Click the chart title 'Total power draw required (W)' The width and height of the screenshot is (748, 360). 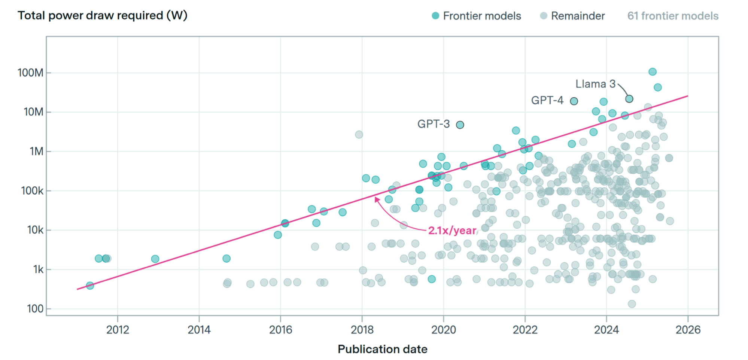(x=102, y=16)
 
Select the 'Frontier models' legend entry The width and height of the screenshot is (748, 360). (x=476, y=16)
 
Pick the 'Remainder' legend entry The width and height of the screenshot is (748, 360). (x=572, y=16)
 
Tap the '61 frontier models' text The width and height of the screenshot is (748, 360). (x=673, y=16)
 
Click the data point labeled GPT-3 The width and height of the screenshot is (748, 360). (x=460, y=125)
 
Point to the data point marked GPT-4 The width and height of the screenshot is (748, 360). (x=574, y=101)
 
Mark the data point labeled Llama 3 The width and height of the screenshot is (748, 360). (x=629, y=99)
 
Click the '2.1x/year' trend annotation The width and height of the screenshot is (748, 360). (x=452, y=231)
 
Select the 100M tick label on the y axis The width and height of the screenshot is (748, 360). (x=30, y=73)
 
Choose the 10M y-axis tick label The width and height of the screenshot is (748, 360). (x=33, y=112)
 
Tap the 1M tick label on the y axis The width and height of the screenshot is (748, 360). (x=36, y=152)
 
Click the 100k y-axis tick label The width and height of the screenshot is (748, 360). (x=32, y=191)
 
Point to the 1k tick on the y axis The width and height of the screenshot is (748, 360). (x=38, y=269)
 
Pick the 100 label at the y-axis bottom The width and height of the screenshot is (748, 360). (x=35, y=309)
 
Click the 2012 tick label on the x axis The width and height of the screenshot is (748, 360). (x=118, y=330)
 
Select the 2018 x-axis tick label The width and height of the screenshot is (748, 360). (x=362, y=330)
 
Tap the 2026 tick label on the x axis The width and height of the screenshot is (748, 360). (x=688, y=330)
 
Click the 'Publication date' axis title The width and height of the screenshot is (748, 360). (x=382, y=349)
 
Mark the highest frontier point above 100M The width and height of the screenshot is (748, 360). (x=653, y=72)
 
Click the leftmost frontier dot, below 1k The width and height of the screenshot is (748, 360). (x=90, y=286)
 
